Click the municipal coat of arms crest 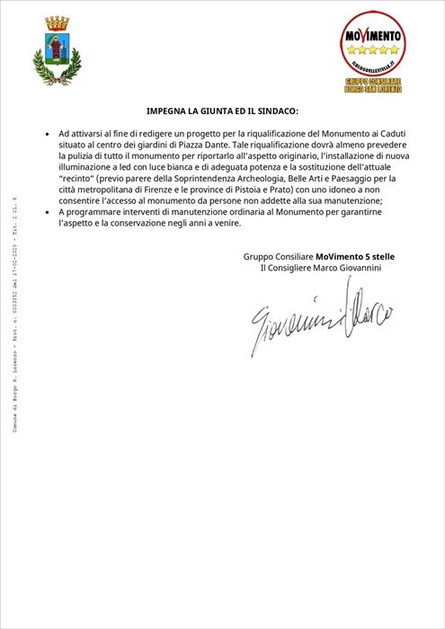point(56,51)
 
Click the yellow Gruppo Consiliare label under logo point(372,85)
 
